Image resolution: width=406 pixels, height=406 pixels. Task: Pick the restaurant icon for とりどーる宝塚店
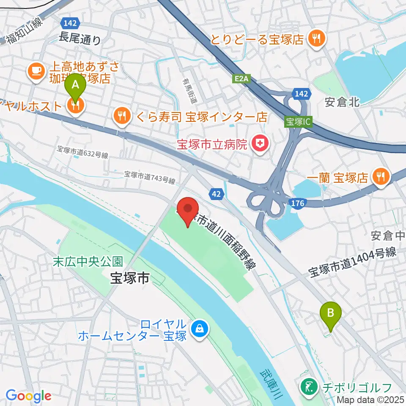315,40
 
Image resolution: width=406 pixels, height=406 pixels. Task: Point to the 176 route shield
298,204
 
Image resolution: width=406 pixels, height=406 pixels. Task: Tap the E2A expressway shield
239,79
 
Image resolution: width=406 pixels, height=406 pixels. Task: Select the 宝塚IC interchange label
299,122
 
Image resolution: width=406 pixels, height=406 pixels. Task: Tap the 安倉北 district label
342,102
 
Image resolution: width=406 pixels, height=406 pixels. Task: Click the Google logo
28,395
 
